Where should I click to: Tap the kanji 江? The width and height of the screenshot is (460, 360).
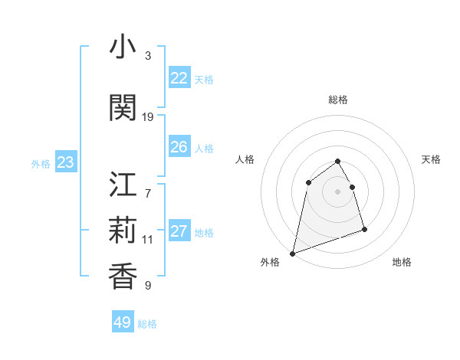pyautogui.click(x=123, y=185)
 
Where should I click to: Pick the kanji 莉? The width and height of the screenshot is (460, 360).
pyautogui.click(x=123, y=230)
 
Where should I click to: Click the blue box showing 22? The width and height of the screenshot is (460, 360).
pyautogui.click(x=179, y=78)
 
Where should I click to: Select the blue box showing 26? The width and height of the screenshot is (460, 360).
pyautogui.click(x=179, y=147)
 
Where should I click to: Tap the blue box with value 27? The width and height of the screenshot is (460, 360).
pyautogui.click(x=179, y=231)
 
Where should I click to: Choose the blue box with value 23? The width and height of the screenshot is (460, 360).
pyautogui.click(x=65, y=162)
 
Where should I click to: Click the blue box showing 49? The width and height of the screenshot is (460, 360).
pyautogui.click(x=123, y=322)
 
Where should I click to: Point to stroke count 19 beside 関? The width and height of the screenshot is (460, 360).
pyautogui.click(x=148, y=117)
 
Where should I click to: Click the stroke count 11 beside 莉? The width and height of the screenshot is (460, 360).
pyautogui.click(x=148, y=240)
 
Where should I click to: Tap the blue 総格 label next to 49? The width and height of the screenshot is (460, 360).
pyautogui.click(x=147, y=324)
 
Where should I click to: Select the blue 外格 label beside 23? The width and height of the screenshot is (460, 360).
pyautogui.click(x=41, y=164)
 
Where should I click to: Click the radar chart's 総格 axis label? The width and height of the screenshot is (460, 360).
pyautogui.click(x=337, y=100)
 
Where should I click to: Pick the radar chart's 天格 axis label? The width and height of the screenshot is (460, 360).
pyautogui.click(x=431, y=159)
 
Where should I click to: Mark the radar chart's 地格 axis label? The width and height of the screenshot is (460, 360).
pyautogui.click(x=402, y=262)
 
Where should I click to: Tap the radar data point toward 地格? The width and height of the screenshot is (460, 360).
pyautogui.click(x=364, y=229)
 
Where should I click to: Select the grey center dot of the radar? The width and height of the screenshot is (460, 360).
pyautogui.click(x=337, y=191)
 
